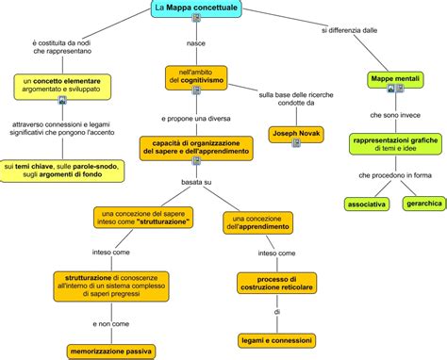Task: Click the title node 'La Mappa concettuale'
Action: click(195, 9)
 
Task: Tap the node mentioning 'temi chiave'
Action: click(65, 171)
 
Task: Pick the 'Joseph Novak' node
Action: click(297, 134)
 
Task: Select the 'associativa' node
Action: click(364, 203)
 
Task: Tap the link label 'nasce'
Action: click(196, 43)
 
